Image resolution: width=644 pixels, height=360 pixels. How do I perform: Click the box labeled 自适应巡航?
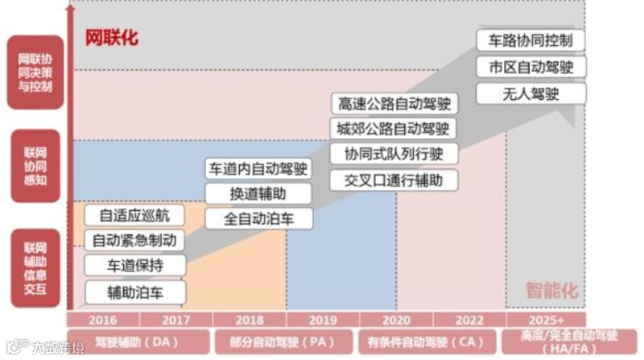click(134, 216)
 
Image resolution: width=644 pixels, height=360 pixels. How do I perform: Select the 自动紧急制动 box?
click(134, 241)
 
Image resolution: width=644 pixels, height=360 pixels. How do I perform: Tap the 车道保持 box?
click(134, 266)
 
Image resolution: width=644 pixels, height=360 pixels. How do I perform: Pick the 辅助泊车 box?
click(134, 292)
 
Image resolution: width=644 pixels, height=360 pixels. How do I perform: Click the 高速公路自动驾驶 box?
click(393, 104)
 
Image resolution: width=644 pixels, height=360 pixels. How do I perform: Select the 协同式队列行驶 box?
click(393, 154)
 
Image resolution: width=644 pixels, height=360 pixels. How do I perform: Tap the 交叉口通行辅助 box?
click(393, 180)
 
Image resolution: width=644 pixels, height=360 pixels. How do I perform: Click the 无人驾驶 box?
click(530, 93)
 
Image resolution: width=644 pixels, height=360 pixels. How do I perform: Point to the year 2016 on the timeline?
click(102, 319)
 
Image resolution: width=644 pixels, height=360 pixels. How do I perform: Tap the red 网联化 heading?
click(112, 38)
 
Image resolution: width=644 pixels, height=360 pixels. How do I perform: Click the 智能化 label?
click(552, 291)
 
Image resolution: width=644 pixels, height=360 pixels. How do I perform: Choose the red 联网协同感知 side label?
click(35, 166)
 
